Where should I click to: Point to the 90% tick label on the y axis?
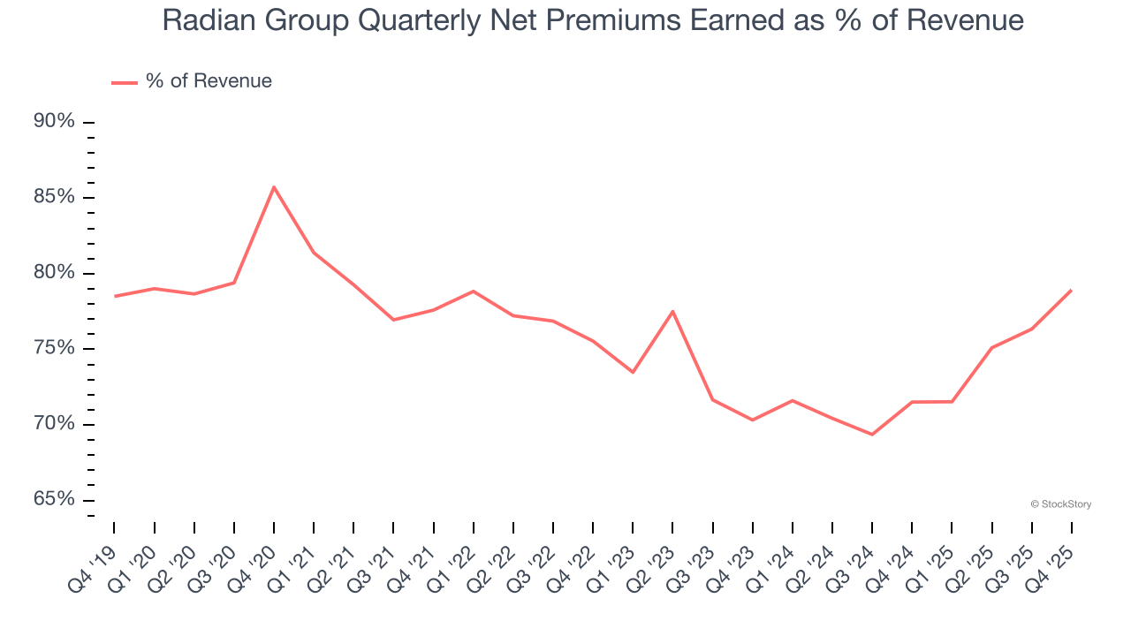[x=54, y=121]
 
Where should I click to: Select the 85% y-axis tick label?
[x=54, y=197]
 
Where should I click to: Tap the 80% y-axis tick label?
[x=54, y=273]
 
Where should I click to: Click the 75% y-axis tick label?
[x=54, y=348]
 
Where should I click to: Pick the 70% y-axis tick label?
[x=54, y=424]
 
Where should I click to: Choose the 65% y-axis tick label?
[x=54, y=500]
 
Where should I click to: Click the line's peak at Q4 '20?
[x=274, y=186]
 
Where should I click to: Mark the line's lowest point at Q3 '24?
[x=872, y=435]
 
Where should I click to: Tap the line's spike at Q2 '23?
[x=673, y=311]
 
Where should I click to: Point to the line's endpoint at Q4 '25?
[x=1071, y=290]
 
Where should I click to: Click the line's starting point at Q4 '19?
[x=115, y=296]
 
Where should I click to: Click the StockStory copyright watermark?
[x=1060, y=504]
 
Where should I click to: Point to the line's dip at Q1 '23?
[x=633, y=372]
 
